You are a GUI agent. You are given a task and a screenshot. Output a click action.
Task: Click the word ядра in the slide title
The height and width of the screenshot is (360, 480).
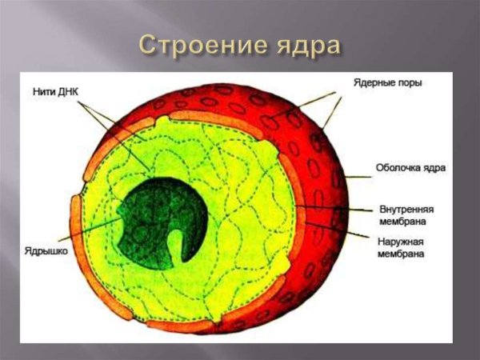coord(307,46)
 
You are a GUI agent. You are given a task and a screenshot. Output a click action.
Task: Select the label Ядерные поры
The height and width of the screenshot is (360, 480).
coord(388,82)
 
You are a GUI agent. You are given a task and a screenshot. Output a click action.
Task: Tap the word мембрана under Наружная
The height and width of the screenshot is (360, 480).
coord(401,254)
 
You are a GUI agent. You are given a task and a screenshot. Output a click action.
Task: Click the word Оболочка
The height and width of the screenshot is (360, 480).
coord(398,168)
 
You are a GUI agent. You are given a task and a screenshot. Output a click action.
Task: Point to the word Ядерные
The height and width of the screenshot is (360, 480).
coord(374,82)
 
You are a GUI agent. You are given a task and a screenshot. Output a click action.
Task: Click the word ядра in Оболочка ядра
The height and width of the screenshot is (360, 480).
coord(434,168)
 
